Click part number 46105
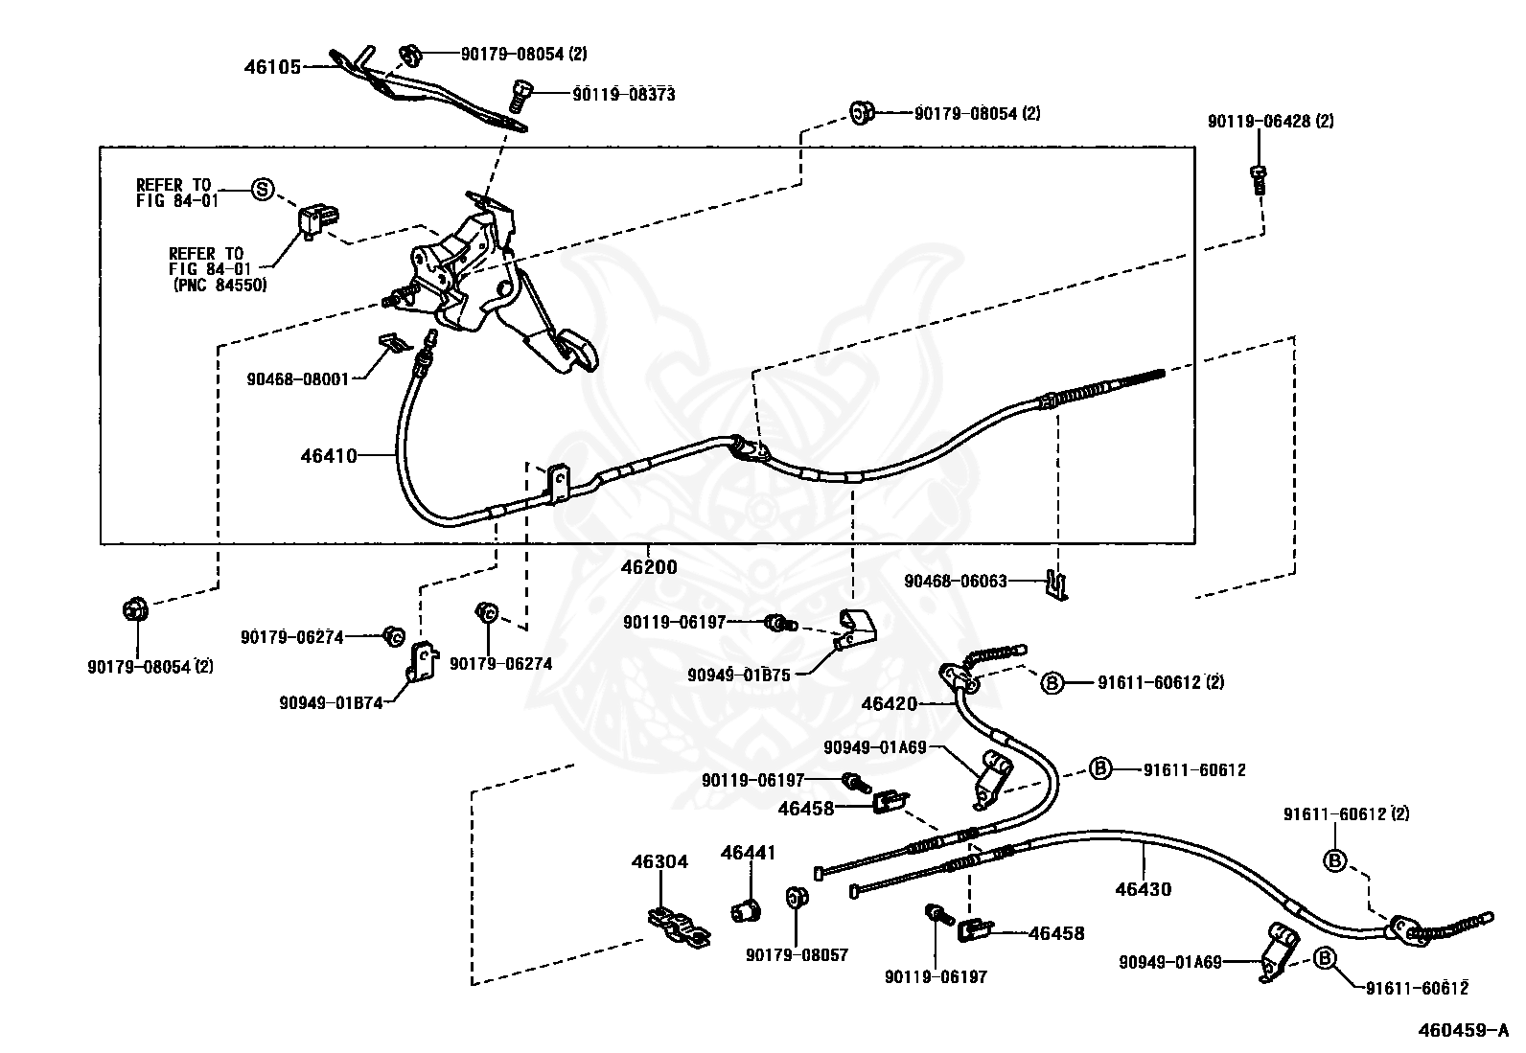coord(272,67)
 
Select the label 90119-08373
coord(623,95)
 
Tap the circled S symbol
coord(263,190)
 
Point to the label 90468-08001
coord(298,378)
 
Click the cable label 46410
coord(329,456)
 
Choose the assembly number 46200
coord(649,566)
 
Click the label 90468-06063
coord(955,581)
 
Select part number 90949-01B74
coord(331,703)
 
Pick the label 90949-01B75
coord(738,675)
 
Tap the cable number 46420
coord(890,703)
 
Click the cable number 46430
coord(1144,889)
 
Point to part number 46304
coord(659,861)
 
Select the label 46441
coord(748,853)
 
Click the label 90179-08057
coord(798,955)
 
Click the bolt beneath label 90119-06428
coord(1258,179)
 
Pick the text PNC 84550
coord(220,285)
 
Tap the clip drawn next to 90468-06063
coord(1056,585)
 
